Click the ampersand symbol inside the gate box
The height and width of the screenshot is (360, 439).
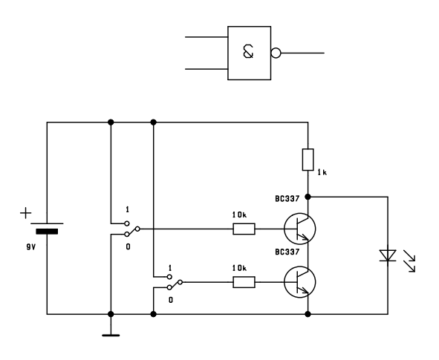point(248,52)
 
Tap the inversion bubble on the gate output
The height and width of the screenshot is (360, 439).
point(276,53)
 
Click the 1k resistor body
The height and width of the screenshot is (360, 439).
point(308,160)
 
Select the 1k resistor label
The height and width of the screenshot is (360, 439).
point(322,172)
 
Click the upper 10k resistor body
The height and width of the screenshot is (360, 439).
point(244,229)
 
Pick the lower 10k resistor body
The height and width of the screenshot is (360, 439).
point(244,282)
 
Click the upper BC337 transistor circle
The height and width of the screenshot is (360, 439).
point(300,229)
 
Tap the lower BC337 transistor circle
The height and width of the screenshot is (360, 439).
point(300,282)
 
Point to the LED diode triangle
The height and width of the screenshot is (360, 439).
point(388,255)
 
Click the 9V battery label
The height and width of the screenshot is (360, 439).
point(31,247)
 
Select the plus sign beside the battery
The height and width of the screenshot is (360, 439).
point(26,213)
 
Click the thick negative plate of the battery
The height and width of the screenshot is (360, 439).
point(47,232)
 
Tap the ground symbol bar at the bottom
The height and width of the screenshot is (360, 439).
point(111,335)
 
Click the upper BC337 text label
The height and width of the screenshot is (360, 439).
point(287,199)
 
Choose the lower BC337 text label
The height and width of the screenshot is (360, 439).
point(287,252)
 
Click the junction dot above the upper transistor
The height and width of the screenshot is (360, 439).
point(308,197)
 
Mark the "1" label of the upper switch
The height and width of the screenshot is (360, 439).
point(127,209)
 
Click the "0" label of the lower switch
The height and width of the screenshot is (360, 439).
point(171,300)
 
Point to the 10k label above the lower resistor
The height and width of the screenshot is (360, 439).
point(239,268)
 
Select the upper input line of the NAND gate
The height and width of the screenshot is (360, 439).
point(207,37)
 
